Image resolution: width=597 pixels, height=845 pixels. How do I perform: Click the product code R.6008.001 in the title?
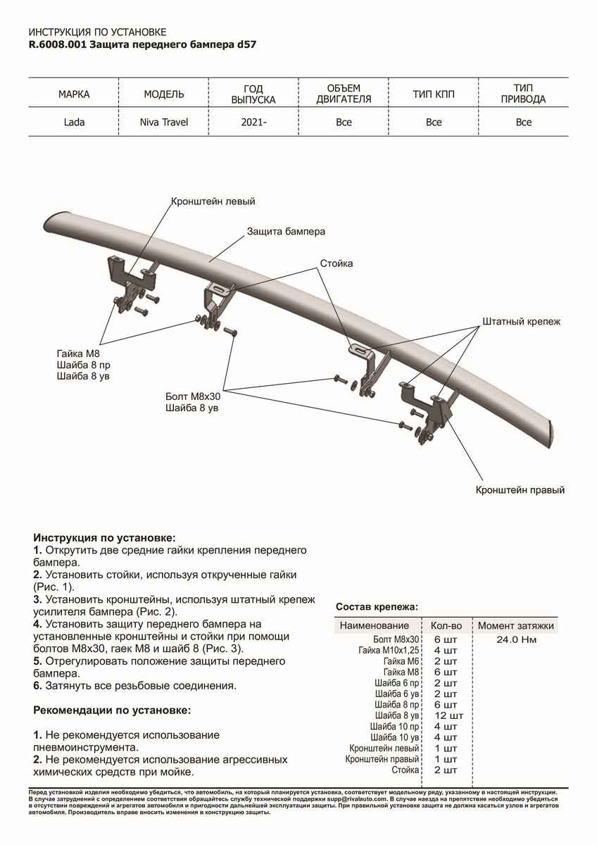tap(58, 44)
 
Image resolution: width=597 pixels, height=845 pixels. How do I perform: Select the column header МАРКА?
tap(74, 94)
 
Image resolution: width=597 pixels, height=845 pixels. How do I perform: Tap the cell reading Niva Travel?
tap(164, 123)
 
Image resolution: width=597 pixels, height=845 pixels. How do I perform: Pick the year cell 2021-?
tap(253, 123)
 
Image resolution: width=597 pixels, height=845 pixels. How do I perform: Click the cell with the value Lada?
tap(74, 123)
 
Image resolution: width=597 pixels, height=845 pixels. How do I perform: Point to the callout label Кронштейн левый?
tap(213, 201)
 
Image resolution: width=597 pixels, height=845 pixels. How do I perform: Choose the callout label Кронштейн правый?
tap(520, 489)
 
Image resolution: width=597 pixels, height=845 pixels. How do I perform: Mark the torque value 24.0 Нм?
tap(517, 639)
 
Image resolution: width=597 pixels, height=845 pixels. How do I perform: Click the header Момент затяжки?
tap(516, 625)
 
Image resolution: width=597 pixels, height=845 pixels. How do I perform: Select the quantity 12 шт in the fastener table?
tap(446, 715)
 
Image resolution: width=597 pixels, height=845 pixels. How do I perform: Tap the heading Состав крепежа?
tap(377, 606)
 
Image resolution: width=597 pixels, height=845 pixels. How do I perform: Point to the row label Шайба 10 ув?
tap(394, 737)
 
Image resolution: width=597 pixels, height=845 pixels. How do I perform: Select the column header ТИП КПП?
tap(434, 94)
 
